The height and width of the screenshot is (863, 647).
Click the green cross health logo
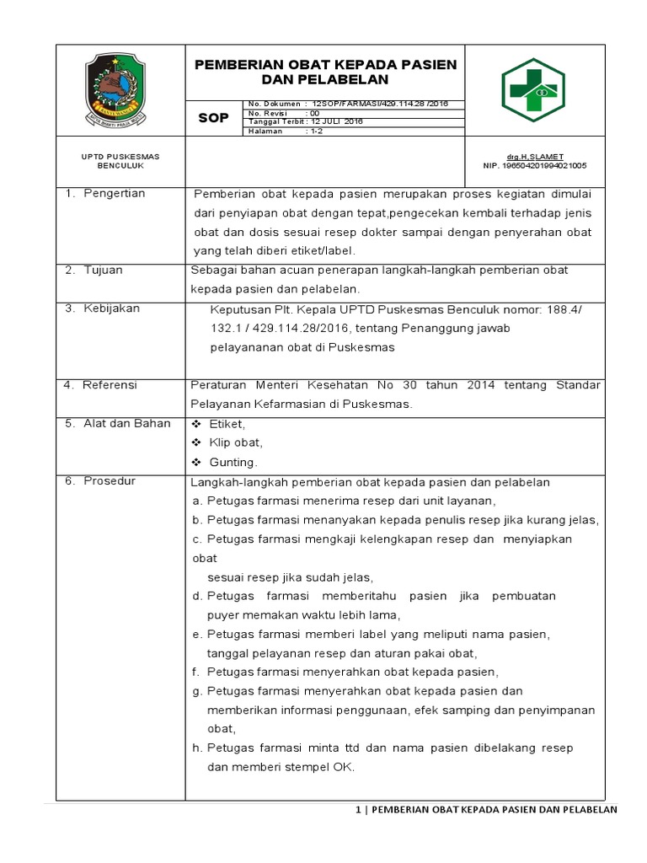[535, 89]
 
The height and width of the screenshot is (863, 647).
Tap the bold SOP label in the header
[213, 118]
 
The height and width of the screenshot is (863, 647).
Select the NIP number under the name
[534, 166]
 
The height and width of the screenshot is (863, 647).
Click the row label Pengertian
[114, 193]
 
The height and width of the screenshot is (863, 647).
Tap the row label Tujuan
[103, 270]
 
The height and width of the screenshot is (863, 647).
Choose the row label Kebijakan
[111, 308]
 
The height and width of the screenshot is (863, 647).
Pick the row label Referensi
[112, 385]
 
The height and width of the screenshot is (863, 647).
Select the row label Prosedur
[110, 480]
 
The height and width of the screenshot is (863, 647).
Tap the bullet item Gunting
[233, 462]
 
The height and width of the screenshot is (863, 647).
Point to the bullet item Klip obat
[236, 442]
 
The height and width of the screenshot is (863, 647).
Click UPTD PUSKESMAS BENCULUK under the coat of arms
[120, 161]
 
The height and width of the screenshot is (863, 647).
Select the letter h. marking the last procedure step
[197, 748]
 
